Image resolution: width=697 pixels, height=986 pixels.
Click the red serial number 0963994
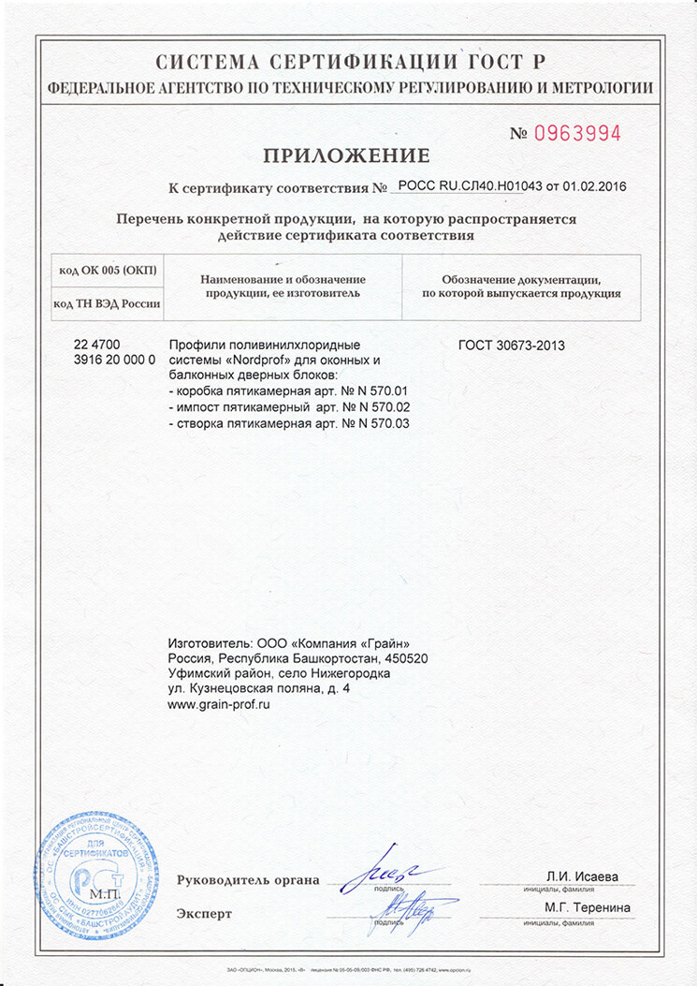click(577, 134)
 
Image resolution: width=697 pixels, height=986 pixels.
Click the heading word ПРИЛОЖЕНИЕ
click(347, 155)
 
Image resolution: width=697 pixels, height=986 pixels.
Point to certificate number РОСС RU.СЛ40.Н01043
click(470, 186)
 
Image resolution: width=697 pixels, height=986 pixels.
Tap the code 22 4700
click(96, 345)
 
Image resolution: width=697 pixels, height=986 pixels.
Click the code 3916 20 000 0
click(114, 361)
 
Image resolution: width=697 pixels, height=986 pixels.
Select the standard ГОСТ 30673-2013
click(512, 346)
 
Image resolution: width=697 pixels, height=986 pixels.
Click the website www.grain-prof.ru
click(218, 704)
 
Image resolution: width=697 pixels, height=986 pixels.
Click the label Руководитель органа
click(248, 880)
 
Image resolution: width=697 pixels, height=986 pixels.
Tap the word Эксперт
click(204, 913)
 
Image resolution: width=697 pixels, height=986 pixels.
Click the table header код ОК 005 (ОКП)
click(108, 271)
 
